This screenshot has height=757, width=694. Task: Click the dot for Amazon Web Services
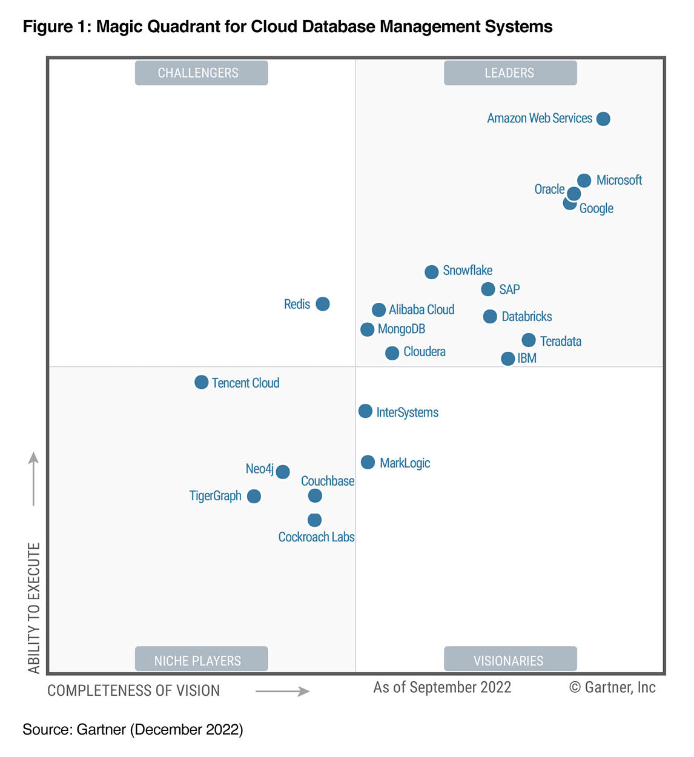[x=603, y=119]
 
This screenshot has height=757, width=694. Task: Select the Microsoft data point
[x=584, y=180]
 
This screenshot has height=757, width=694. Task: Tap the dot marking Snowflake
[x=431, y=272]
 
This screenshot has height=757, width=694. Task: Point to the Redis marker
[x=323, y=304]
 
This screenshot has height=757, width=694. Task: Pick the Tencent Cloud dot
[x=201, y=382]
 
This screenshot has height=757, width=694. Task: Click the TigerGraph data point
[x=254, y=497]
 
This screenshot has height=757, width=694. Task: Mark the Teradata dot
[x=529, y=340]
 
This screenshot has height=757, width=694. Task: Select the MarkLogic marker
[x=368, y=463]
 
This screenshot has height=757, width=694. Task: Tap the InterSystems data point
[x=365, y=411]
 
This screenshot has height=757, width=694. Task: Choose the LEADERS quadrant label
[x=510, y=73]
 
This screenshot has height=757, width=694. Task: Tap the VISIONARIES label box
[x=510, y=659]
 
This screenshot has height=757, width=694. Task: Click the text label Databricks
[x=527, y=317]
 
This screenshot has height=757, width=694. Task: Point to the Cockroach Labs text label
[x=316, y=537]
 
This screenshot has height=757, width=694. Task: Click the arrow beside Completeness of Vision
[x=282, y=692]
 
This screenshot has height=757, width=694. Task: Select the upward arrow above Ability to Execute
[x=34, y=478]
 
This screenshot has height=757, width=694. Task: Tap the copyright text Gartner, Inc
[x=613, y=687]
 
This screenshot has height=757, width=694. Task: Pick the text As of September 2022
[x=442, y=687]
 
